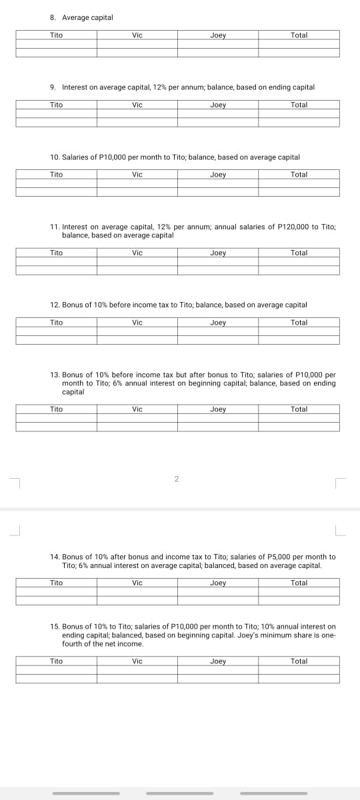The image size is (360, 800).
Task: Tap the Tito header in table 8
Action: tap(56, 35)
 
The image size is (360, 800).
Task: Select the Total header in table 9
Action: tap(299, 105)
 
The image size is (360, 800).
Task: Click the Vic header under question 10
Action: tap(137, 175)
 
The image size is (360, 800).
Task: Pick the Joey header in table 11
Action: tap(218, 253)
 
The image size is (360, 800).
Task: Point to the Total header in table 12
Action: tap(299, 323)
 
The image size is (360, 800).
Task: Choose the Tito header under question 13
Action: tap(56, 409)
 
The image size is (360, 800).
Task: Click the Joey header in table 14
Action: tap(218, 583)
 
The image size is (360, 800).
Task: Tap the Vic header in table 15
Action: tap(137, 661)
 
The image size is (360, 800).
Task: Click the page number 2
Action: tap(177, 479)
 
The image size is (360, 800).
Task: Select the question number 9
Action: tap(53, 87)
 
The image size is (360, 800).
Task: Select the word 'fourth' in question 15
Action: tap(72, 644)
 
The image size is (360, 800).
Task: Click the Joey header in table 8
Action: tap(218, 35)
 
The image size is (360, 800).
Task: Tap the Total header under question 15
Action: tap(299, 661)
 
